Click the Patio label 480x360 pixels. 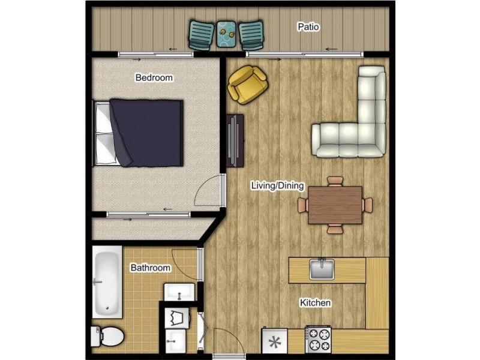[308, 27]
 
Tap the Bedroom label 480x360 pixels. [154, 77]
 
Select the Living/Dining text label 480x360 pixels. [277, 185]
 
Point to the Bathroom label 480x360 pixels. [151, 268]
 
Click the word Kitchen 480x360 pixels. [315, 303]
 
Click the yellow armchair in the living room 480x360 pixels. [247, 85]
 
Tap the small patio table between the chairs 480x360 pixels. [226, 34]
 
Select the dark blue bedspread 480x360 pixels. [147, 133]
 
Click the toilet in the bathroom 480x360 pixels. [107, 337]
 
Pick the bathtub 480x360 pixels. [107, 282]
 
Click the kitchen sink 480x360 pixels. [322, 269]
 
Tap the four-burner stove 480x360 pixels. [318, 340]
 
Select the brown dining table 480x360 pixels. [335, 205]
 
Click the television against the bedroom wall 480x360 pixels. [235, 141]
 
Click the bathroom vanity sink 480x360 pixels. [179, 292]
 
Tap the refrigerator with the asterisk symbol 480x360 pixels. [274, 341]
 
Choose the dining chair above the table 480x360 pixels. [335, 181]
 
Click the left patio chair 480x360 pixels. [202, 35]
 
